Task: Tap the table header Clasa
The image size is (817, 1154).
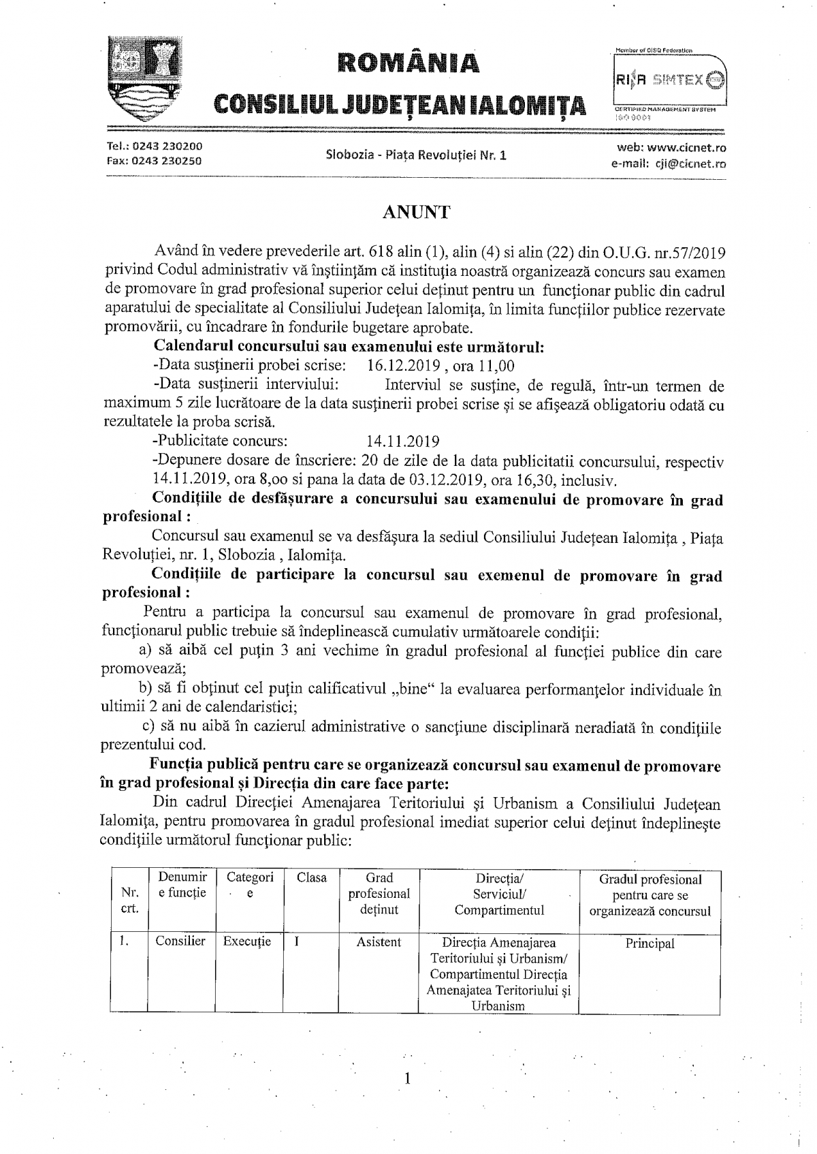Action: click(x=312, y=878)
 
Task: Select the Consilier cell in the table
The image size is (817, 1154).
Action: click(x=180, y=941)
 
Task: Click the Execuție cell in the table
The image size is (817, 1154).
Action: click(x=247, y=941)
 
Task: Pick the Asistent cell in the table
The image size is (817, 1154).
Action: click(x=379, y=942)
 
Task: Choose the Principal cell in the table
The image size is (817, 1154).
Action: click(x=650, y=944)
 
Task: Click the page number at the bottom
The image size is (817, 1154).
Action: click(x=407, y=1078)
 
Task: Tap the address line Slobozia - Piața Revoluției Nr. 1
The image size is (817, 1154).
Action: click(x=416, y=155)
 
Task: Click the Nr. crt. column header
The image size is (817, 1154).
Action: click(x=129, y=899)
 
